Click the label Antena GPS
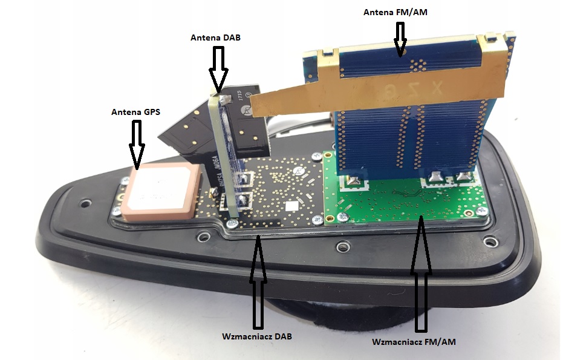click(x=136, y=111)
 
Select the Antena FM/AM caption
click(x=397, y=11)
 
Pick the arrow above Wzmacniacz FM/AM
click(x=421, y=272)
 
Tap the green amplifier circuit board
click(x=399, y=200)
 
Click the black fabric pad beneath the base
click(x=314, y=321)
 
